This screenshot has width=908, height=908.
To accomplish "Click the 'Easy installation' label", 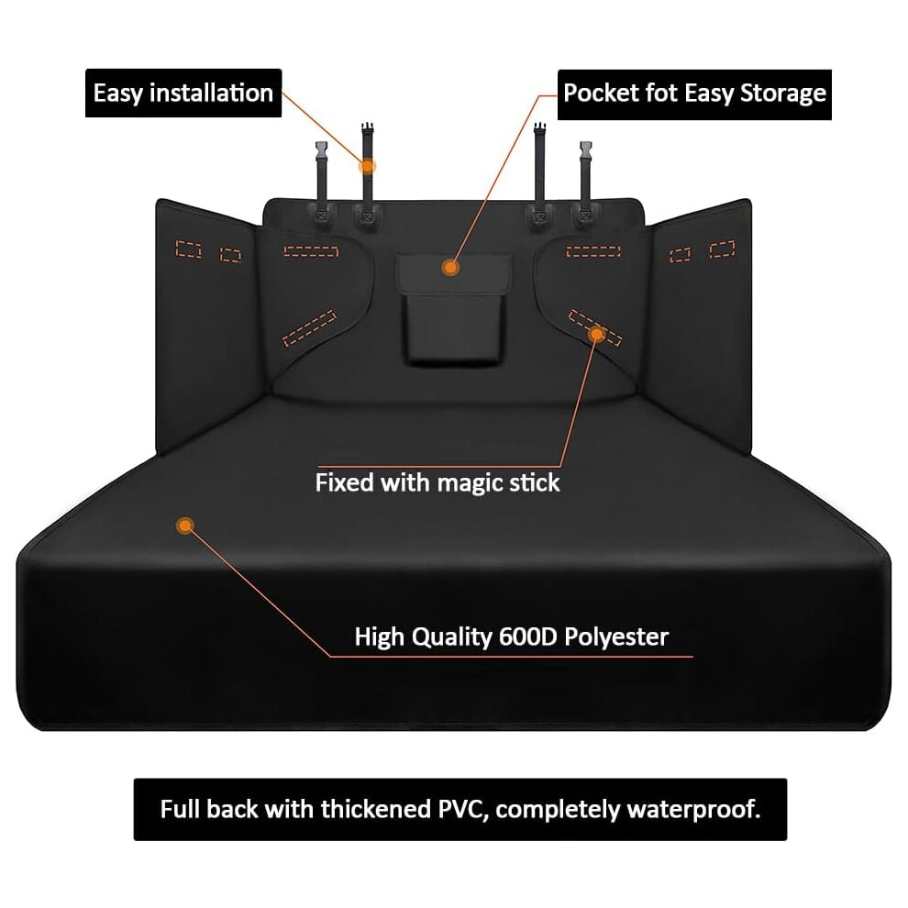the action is (183, 94).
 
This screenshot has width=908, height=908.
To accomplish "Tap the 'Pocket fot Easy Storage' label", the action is (694, 94).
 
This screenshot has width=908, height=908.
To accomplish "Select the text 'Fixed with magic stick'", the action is (437, 483).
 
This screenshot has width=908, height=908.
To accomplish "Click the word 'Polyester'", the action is (616, 637).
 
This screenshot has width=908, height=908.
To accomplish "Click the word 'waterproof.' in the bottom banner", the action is (693, 810).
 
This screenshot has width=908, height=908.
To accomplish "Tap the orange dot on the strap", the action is (367, 167).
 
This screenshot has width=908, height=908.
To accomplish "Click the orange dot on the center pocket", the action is (450, 268).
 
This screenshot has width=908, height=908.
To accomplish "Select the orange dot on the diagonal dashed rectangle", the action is (596, 334).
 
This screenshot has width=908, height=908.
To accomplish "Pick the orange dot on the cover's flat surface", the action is (185, 526).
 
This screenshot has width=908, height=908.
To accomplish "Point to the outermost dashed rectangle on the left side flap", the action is (188, 249).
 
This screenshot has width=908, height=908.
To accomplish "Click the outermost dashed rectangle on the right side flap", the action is (723, 249).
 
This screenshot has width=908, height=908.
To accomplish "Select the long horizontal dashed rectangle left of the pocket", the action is (311, 251).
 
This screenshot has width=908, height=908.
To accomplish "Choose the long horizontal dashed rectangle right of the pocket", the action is (593, 251).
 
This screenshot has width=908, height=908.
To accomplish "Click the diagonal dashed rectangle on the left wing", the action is (309, 327).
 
